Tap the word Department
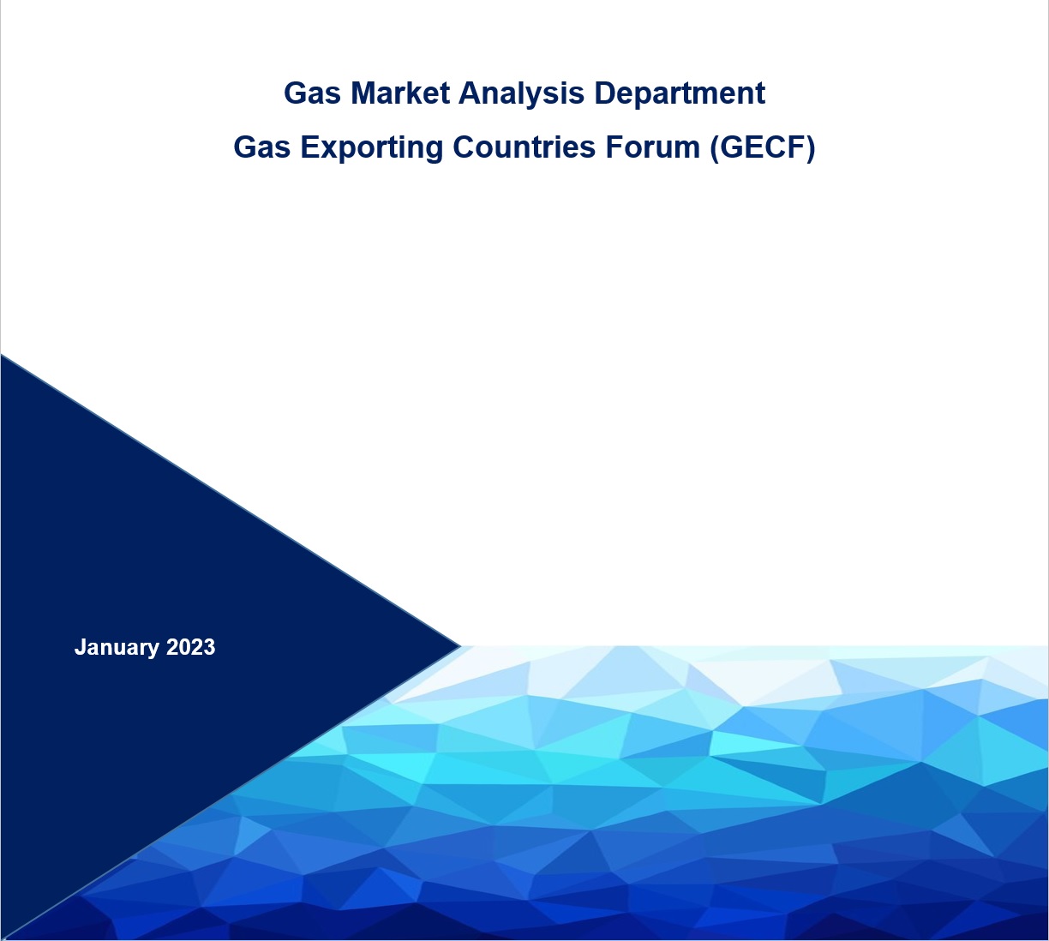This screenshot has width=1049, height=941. click(680, 93)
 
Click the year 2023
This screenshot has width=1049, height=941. click(190, 647)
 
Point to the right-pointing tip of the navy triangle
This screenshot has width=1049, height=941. click(459, 645)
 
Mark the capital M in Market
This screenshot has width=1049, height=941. click(362, 93)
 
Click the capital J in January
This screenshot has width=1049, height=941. click(79, 647)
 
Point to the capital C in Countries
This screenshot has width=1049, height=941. click(464, 147)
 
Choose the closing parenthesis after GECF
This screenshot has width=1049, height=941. click(809, 147)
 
